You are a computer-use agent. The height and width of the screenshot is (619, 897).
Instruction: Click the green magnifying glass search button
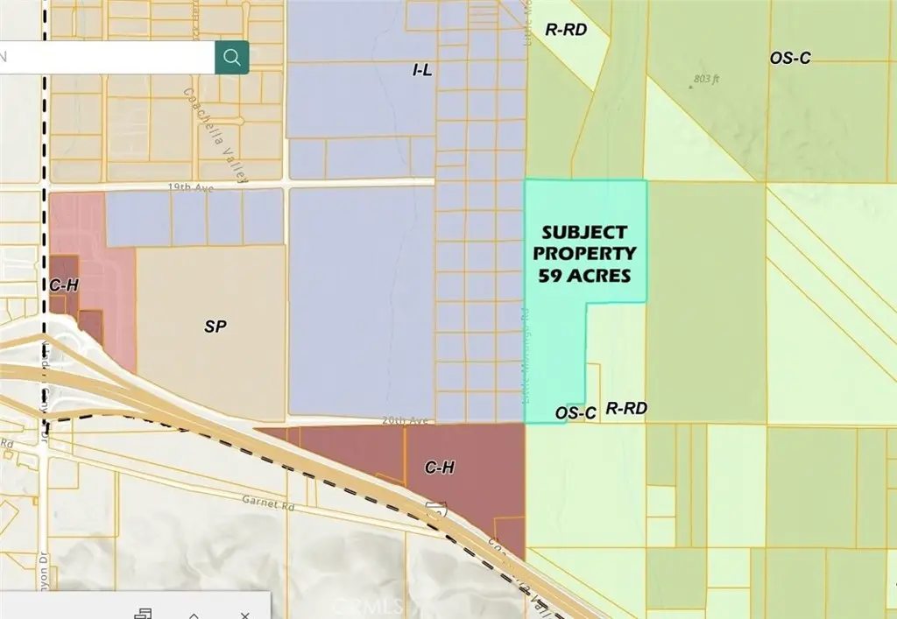tap(232, 57)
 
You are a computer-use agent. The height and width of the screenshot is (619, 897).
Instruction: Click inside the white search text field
tap(105, 57)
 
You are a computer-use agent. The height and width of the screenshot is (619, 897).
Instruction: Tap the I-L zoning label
tap(421, 69)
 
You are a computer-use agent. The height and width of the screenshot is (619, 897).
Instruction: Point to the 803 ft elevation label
tap(706, 79)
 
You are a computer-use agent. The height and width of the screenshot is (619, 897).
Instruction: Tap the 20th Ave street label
tap(405, 421)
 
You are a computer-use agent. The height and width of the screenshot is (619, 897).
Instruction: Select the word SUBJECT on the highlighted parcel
tap(584, 233)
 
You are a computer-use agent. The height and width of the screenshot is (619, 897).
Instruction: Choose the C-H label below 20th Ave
tap(439, 468)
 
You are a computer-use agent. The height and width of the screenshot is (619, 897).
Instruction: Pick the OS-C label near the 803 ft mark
tap(790, 58)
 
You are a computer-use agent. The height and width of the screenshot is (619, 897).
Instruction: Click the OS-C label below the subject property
tap(576, 411)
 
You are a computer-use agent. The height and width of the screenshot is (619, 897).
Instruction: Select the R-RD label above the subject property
tap(565, 29)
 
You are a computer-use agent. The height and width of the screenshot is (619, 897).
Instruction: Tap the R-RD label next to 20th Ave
tap(625, 408)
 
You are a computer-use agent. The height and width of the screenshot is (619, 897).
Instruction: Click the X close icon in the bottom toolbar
tap(245, 615)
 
